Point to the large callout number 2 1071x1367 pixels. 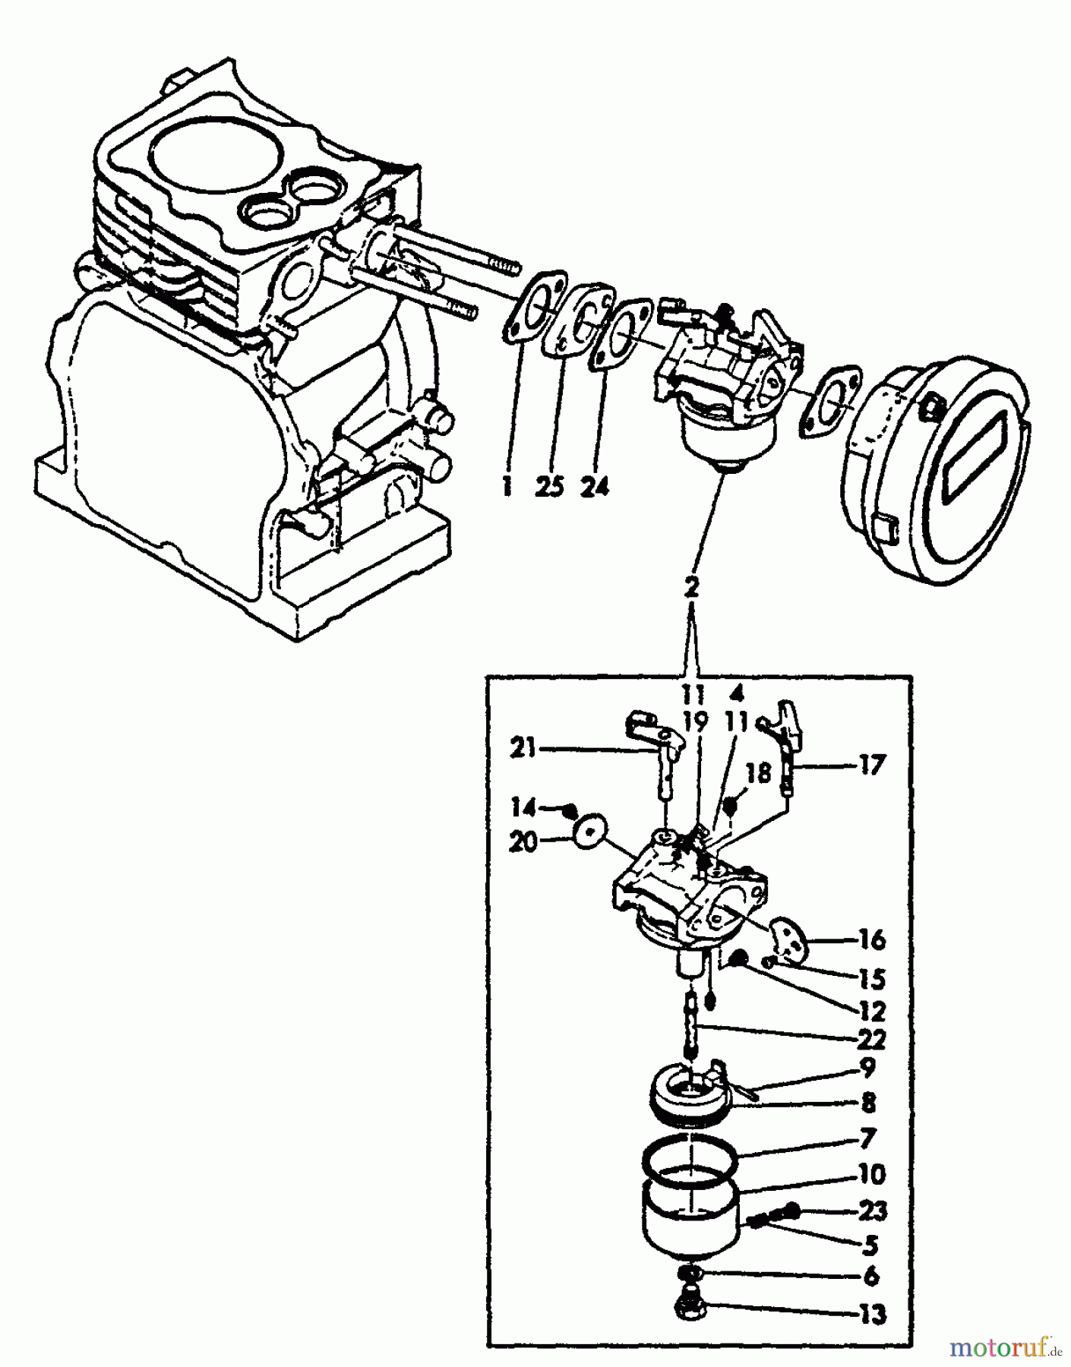691,587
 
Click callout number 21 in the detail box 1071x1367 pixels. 523,750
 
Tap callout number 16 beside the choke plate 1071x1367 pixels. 871,939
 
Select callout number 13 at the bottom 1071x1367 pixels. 871,1314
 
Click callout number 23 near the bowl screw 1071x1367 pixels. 871,1210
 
